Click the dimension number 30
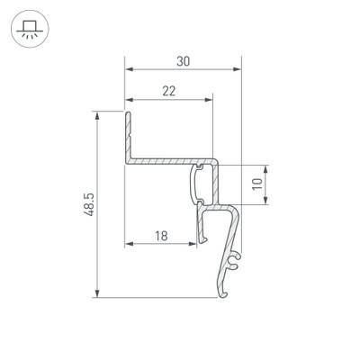click(x=184, y=61)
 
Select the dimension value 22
click(x=169, y=90)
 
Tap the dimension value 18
click(x=161, y=236)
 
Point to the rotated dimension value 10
click(x=257, y=185)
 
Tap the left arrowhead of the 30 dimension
click(x=128, y=69)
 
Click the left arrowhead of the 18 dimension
click(x=128, y=244)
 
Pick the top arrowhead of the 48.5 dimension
click(x=94, y=114)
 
